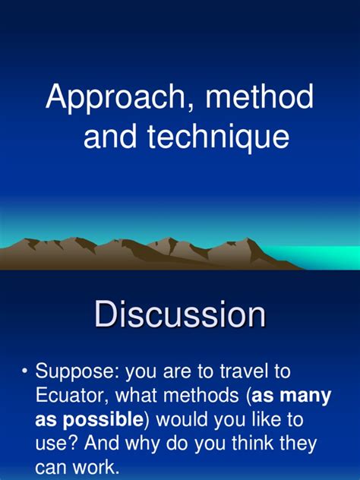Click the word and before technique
click(108, 138)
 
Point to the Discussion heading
click(180, 314)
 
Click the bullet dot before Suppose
click(25, 371)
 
